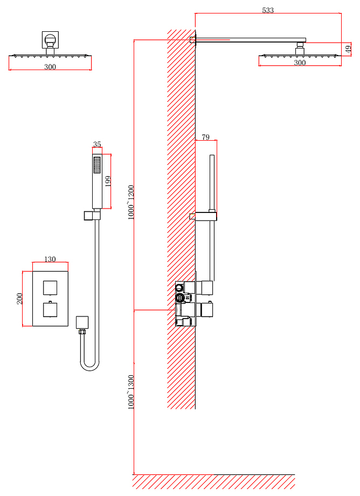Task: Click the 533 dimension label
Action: pos(268,10)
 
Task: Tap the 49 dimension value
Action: pos(348,49)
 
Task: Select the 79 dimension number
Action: pos(205,137)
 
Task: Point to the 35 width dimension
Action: pos(97,144)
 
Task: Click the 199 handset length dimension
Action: pos(108,181)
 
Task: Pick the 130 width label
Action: pos(50,259)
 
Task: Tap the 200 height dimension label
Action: pos(19,299)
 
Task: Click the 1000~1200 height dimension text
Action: pos(131,203)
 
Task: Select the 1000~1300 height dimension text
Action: pos(131,392)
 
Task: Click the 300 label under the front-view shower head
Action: pos(50,67)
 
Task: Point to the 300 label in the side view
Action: pos(300,63)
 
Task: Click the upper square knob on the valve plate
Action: pos(50,288)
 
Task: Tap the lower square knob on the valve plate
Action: pos(50,309)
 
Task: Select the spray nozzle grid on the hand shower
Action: pos(97,165)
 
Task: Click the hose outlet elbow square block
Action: pos(82,322)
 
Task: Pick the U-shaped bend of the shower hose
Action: pos(90,367)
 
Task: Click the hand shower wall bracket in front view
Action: pos(92,216)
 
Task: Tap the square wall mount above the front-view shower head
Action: pos(50,40)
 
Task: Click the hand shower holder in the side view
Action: pos(206,216)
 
